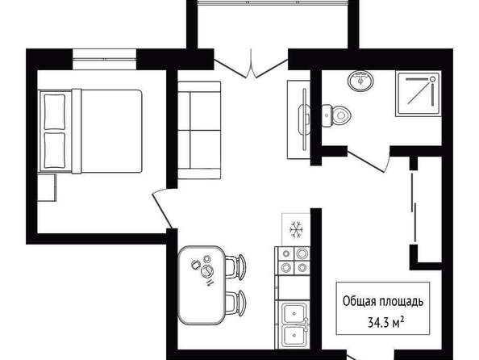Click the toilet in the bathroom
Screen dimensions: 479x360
(335, 115)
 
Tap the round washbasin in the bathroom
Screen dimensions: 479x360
(360, 81)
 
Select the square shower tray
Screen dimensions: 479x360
(419, 94)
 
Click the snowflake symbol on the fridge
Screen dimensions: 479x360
(296, 229)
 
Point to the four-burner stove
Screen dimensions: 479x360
(293, 260)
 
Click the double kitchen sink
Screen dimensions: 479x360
(294, 324)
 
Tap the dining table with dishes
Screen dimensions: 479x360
(202, 285)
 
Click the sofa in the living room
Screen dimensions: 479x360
(199, 130)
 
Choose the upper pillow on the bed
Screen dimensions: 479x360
(55, 112)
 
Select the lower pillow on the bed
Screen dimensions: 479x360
(55, 150)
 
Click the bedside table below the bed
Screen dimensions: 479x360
(47, 188)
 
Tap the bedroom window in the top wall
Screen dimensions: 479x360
(105, 59)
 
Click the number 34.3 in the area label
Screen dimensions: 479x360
(379, 322)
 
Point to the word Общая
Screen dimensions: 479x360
(360, 301)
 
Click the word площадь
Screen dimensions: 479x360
(402, 302)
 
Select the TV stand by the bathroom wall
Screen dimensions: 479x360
(298, 119)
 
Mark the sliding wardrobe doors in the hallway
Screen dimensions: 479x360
(414, 207)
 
